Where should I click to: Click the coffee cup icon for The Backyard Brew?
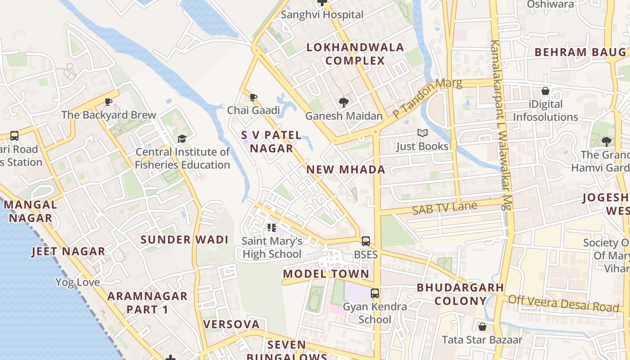pyautogui.click(x=108, y=102)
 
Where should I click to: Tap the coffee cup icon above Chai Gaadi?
pyautogui.click(x=253, y=97)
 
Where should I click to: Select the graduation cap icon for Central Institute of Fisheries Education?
pyautogui.click(x=182, y=139)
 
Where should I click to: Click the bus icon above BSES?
pyautogui.click(x=366, y=241)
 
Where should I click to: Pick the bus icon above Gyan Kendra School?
pyautogui.click(x=374, y=293)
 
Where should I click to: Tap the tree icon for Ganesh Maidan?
pyautogui.click(x=344, y=103)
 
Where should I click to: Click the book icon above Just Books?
pyautogui.click(x=422, y=133)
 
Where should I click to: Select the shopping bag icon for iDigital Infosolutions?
pyautogui.click(x=545, y=91)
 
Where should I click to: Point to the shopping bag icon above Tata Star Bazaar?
pyautogui.click(x=482, y=326)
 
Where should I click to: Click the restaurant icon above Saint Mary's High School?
pyautogui.click(x=271, y=228)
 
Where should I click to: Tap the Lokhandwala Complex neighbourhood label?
pyautogui.click(x=355, y=54)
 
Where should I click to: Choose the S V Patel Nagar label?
pyautogui.click(x=271, y=141)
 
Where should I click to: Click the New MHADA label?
pyautogui.click(x=346, y=170)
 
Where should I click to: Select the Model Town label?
pyautogui.click(x=326, y=274)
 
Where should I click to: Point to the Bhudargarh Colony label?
pyautogui.click(x=460, y=294)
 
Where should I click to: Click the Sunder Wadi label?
pyautogui.click(x=184, y=239)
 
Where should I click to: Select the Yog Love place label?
pyautogui.click(x=78, y=282)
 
